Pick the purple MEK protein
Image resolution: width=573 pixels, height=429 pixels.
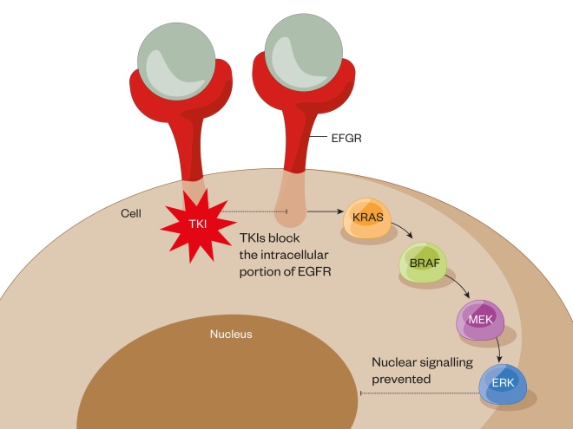[x=479, y=321]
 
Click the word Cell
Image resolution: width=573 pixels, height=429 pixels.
[x=132, y=211]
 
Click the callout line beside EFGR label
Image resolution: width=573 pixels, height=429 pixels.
[x=320, y=136]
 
